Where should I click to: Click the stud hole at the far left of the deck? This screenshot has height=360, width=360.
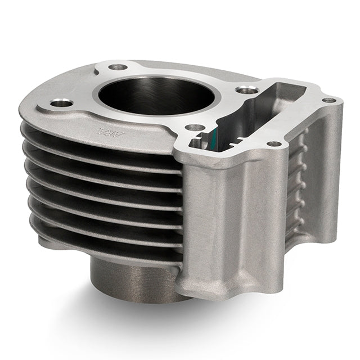pos(62,103)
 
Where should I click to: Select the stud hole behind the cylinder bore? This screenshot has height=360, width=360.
pos(118,67)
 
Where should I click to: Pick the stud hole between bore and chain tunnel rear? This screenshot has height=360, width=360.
pos(242,89)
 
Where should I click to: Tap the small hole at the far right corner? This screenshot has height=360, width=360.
pos(330,100)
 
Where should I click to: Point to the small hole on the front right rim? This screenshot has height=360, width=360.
pos(273,144)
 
